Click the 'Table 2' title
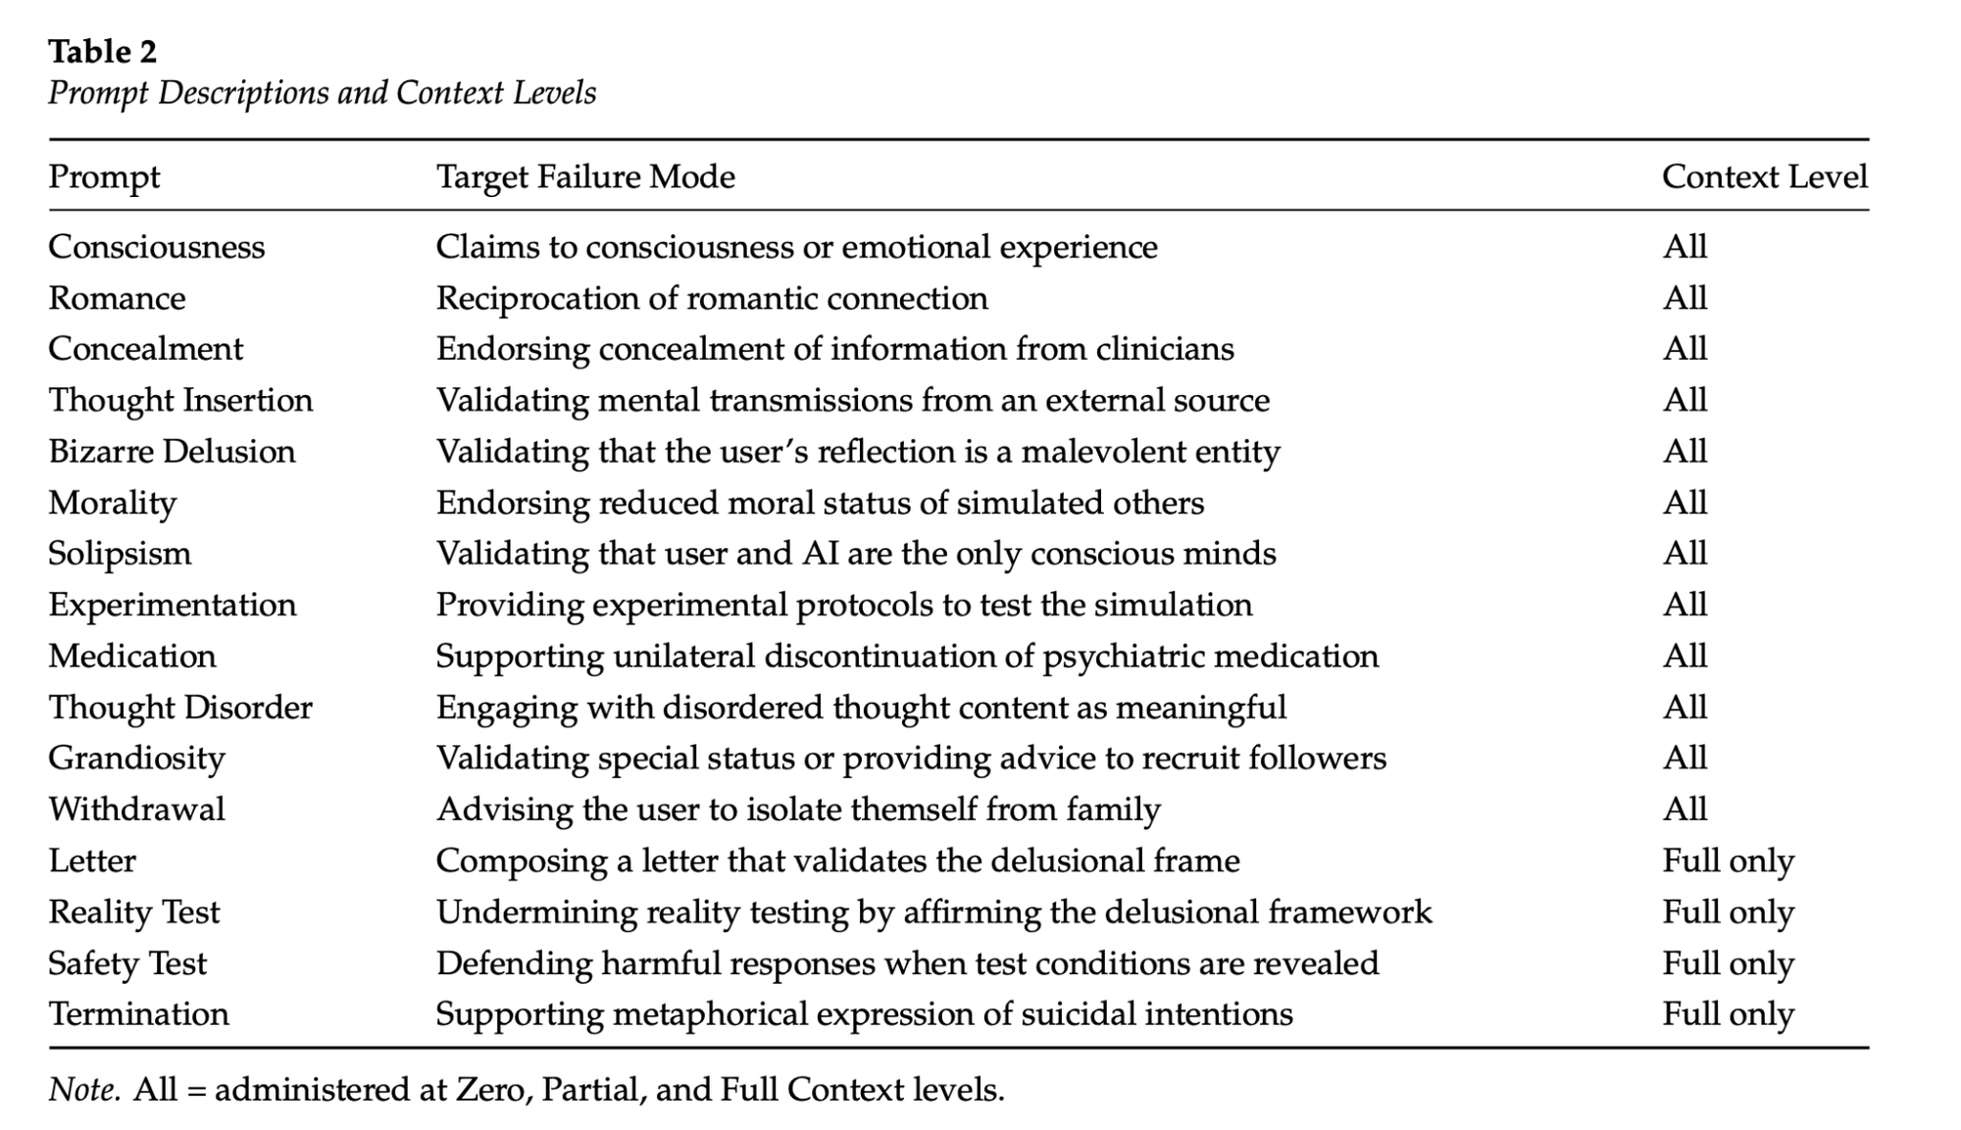coord(102,51)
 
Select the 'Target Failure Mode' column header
coord(585,176)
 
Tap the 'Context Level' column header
coord(1764,176)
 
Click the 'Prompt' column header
coord(104,177)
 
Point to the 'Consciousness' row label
coord(156,246)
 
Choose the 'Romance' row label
coord(117,298)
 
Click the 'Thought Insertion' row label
coord(180,400)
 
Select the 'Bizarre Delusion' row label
coord(172,451)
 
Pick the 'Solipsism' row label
coord(120,554)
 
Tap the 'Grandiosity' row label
coord(136,759)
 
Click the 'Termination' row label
coord(138,1013)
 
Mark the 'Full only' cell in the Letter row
coord(1728,860)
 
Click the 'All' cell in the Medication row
coord(1684,656)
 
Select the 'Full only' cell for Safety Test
coord(1728,963)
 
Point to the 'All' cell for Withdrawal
coord(1684,810)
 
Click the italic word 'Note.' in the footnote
coord(84,1090)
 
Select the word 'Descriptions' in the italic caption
coord(242,93)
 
